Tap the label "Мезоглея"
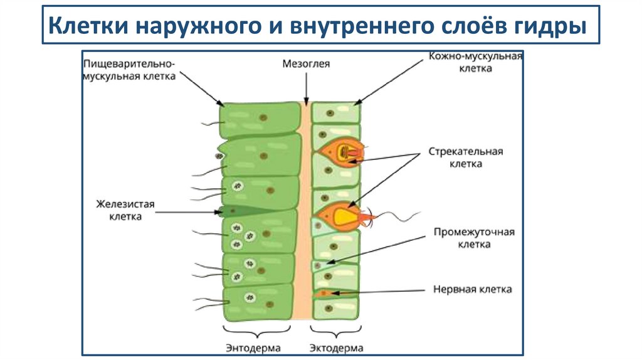[x=306, y=63]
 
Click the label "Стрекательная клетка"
[x=466, y=157]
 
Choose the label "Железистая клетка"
[x=125, y=210]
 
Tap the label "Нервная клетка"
[x=473, y=289]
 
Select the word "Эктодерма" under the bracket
[x=336, y=347]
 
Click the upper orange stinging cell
[x=339, y=152]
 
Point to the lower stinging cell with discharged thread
[x=339, y=216]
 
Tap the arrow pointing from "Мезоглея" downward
[x=306, y=88]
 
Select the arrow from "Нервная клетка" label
[x=376, y=291]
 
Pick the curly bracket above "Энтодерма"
[x=258, y=329]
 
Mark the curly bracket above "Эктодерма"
[x=336, y=329]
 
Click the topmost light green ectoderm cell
[x=336, y=113]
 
